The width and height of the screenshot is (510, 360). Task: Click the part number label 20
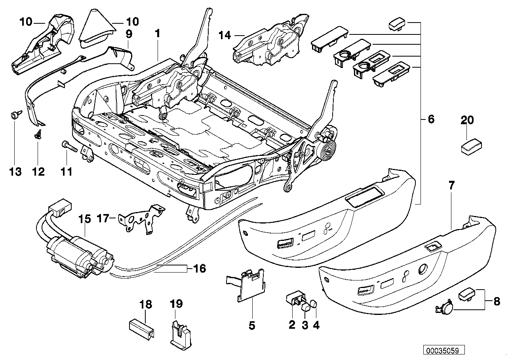(x=467, y=120)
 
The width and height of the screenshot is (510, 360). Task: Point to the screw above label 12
(x=38, y=135)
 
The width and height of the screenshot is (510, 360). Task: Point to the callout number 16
(x=200, y=269)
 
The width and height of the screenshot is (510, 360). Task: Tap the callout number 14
(x=224, y=36)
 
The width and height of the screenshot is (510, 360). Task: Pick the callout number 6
(x=431, y=119)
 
